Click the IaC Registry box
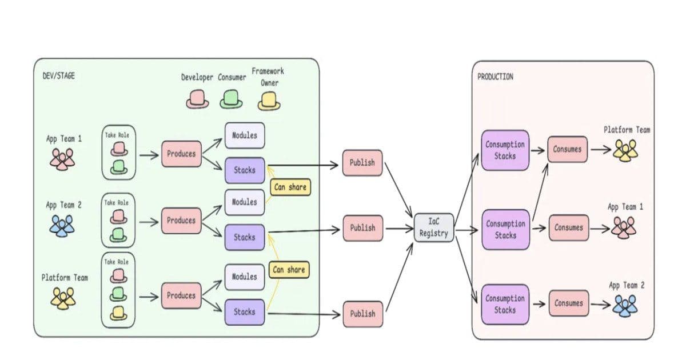pos(434,227)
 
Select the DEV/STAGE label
pos(58,75)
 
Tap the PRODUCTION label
pos(495,77)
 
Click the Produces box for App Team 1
pos(181,154)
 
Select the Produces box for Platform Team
pos(181,295)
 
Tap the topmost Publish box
pos(362,163)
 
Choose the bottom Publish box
pos(362,314)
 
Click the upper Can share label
pos(290,187)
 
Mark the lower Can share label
pos(289,269)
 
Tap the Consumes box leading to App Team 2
pos(568,303)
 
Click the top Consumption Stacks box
pos(505,150)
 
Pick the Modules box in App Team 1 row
pos(245,136)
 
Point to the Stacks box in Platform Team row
pos(245,312)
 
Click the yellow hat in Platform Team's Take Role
pos(119,313)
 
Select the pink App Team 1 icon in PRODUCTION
pos(623,227)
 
